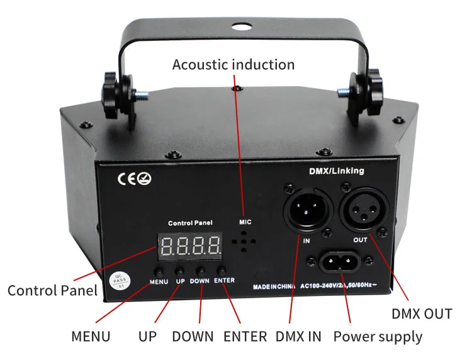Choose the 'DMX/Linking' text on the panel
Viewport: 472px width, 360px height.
coord(337,170)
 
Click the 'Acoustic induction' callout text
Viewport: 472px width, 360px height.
coord(233,65)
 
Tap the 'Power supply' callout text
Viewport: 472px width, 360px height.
coord(378,336)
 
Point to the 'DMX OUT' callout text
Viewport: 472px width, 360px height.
coord(422,313)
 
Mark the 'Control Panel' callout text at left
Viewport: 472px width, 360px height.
coord(52,290)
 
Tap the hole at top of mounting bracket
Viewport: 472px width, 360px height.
coord(239,27)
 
